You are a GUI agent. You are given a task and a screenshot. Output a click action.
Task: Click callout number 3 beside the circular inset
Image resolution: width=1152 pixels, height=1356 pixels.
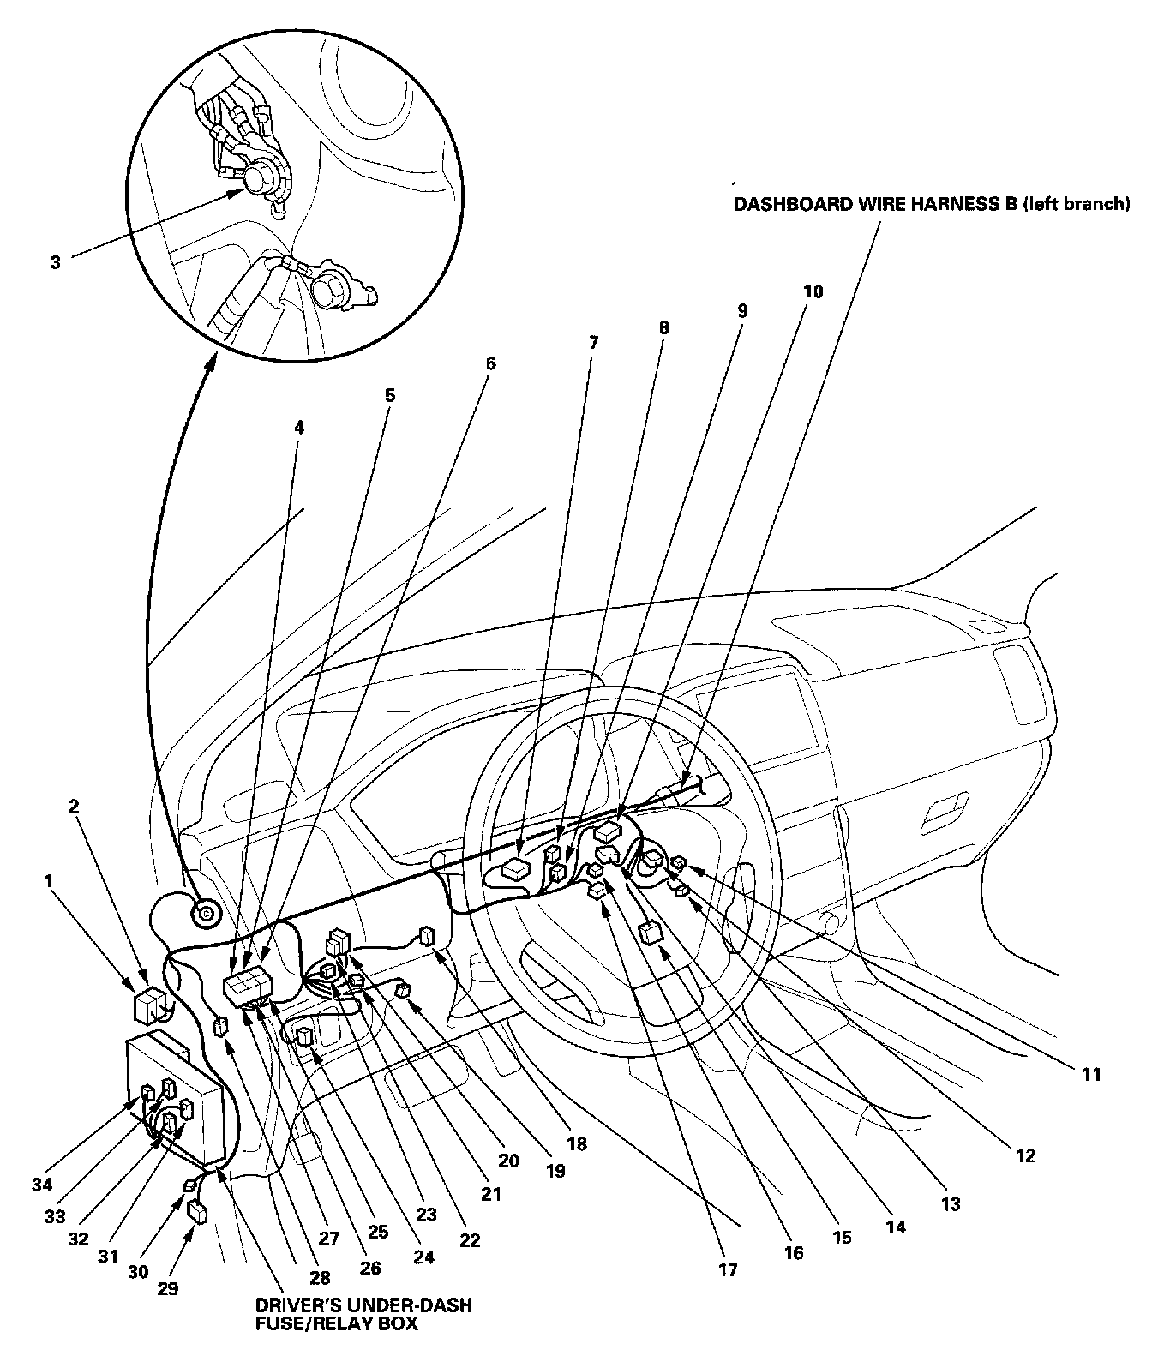tap(56, 262)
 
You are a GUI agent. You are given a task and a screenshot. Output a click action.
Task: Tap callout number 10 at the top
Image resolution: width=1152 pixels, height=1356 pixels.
tap(813, 291)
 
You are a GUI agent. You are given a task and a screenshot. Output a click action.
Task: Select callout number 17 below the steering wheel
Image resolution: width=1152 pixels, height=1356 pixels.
tap(728, 1270)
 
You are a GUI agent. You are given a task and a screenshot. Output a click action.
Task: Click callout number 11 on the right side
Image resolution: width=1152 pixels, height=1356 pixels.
tap(1090, 1072)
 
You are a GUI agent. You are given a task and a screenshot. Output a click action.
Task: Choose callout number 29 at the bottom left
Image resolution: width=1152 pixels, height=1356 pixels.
tap(168, 1287)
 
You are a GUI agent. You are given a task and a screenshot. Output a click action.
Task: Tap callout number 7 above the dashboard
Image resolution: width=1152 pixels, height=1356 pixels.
tap(594, 343)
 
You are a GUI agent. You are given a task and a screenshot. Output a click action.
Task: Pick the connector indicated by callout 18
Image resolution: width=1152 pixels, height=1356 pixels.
tap(426, 936)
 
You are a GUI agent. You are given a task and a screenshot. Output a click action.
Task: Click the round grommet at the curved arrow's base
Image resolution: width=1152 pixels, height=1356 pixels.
tap(206, 915)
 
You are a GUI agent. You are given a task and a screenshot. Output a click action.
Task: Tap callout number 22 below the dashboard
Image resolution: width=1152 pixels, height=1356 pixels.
tap(470, 1239)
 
